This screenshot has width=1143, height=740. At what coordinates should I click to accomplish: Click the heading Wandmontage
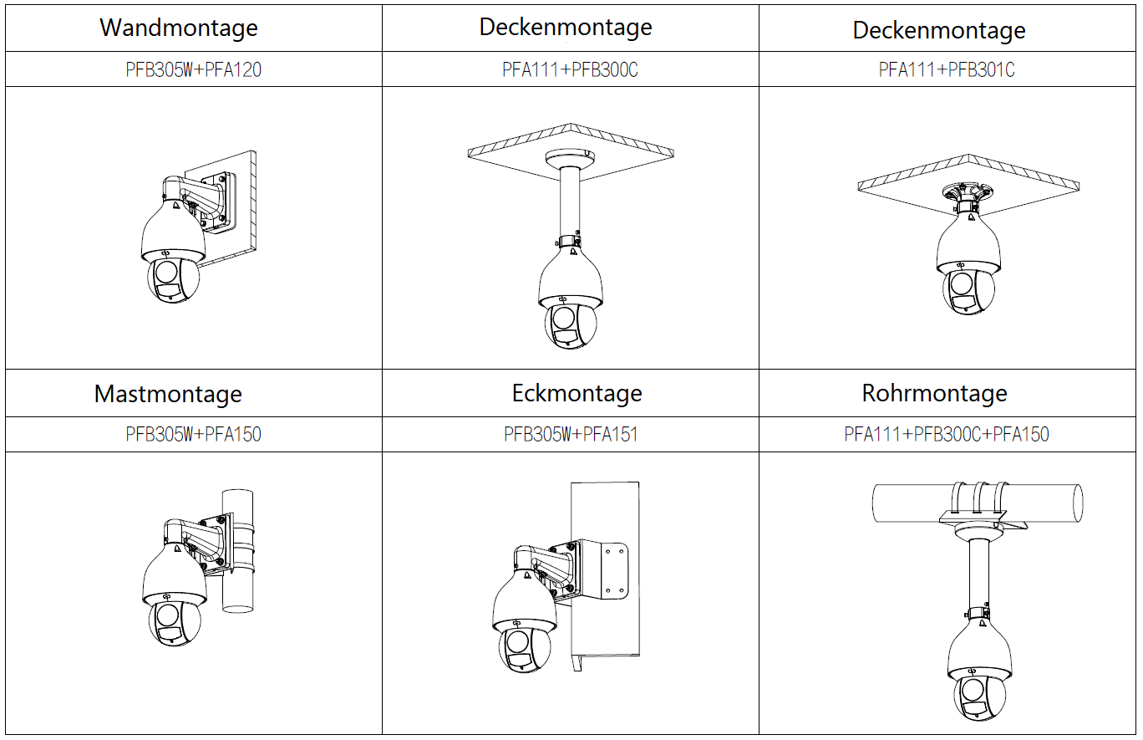179,28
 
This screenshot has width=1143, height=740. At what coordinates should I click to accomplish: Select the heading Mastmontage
168,394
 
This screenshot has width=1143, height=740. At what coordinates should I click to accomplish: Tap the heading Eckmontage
577,393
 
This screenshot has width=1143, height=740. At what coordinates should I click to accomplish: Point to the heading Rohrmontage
934,393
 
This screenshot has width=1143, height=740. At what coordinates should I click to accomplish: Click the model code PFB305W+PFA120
193,69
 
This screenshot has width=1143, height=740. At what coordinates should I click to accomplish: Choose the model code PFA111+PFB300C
570,69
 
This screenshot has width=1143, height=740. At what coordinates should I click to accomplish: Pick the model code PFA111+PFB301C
947,69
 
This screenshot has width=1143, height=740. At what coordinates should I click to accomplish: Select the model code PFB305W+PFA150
193,434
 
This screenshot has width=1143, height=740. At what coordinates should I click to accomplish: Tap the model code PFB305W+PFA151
571,434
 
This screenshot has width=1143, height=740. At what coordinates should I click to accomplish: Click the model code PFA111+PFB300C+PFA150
947,434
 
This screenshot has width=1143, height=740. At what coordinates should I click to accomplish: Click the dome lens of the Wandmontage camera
173,280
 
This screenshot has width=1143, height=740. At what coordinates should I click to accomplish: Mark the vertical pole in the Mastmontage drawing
238,551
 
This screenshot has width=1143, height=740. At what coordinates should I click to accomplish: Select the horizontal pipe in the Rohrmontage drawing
978,503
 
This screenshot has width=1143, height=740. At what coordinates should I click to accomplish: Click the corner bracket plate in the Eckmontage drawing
607,571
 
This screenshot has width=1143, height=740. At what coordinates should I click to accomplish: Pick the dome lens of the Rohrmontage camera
980,696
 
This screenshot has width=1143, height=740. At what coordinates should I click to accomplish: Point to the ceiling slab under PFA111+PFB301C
968,184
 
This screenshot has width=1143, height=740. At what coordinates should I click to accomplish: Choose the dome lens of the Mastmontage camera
175,622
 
